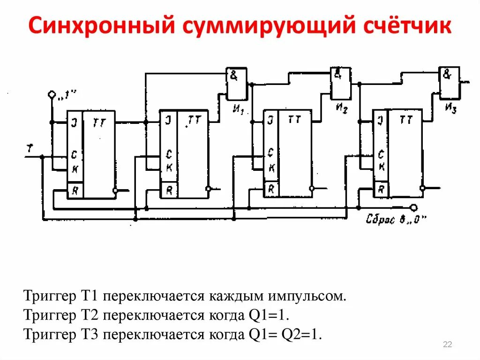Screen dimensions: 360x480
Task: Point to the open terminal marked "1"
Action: pos(52,95)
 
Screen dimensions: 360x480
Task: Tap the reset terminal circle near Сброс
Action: pos(413,207)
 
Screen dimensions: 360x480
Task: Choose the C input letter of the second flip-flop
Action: pos(168,153)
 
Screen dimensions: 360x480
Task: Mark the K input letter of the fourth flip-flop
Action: pos(382,167)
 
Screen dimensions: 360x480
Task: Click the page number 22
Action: pos(447,345)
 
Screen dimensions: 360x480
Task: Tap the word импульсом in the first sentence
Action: pos(308,297)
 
